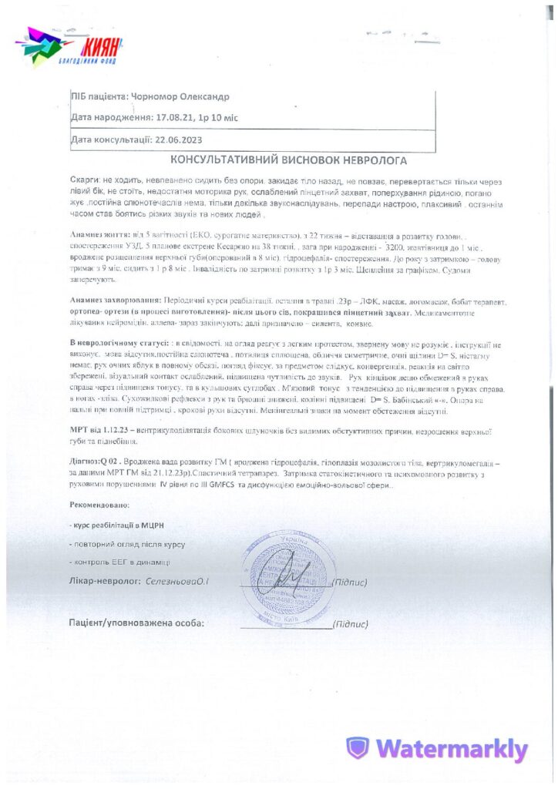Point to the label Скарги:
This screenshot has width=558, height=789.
point(85,178)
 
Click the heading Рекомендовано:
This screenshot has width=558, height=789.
point(99,505)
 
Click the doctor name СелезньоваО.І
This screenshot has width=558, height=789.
point(177,581)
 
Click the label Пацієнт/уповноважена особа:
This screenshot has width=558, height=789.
point(136,623)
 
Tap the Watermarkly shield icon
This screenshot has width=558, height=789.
point(357,748)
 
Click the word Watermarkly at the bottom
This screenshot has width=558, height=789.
point(452,749)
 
